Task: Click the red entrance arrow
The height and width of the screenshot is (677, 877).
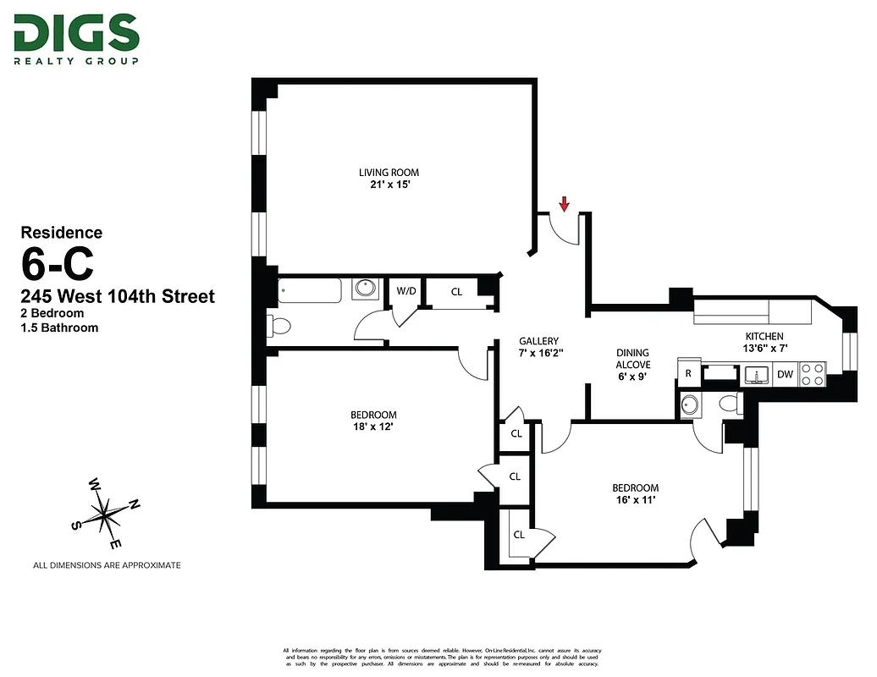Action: tap(565, 203)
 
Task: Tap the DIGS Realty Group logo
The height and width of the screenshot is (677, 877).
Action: tap(75, 39)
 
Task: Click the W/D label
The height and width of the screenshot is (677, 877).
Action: tap(406, 292)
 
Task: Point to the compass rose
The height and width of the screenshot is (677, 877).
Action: tap(104, 511)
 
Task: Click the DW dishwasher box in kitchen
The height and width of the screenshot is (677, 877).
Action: tap(785, 374)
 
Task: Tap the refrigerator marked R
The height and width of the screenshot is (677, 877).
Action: tap(688, 373)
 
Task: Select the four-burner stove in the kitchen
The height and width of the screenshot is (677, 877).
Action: tap(813, 374)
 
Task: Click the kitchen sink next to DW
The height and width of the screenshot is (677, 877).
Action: tap(756, 374)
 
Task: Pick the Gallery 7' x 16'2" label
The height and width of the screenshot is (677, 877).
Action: tap(539, 347)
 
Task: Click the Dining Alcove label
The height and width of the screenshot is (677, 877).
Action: tap(632, 365)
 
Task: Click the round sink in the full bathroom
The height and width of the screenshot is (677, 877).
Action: tap(366, 289)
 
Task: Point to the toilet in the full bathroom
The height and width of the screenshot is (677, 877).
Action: tap(279, 325)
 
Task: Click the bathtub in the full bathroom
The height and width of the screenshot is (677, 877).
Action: tap(309, 289)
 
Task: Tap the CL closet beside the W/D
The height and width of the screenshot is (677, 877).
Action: tap(456, 292)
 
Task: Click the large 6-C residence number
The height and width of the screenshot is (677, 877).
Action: tap(58, 265)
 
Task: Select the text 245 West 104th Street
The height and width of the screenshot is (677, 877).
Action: tap(117, 297)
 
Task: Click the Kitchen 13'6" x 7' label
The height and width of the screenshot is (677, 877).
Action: tap(764, 341)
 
